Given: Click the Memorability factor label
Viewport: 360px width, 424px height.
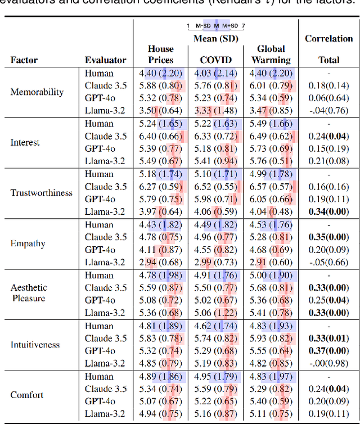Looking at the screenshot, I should pyautogui.click(x=37, y=92).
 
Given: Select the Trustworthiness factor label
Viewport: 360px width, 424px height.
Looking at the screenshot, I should pyautogui.click(x=42, y=193).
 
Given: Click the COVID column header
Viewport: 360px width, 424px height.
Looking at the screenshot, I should pyautogui.click(x=216, y=60).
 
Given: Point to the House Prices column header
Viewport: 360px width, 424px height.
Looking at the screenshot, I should pyautogui.click(x=161, y=54).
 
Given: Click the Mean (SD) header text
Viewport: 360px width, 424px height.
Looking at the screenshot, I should pyautogui.click(x=216, y=38).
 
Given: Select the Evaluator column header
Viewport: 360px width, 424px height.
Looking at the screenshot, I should pyautogui.click(x=106, y=60).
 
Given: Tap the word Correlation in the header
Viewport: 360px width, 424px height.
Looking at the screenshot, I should pyautogui.click(x=329, y=38).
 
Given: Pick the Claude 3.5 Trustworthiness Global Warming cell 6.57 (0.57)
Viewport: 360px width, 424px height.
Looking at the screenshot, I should pyautogui.click(x=271, y=187).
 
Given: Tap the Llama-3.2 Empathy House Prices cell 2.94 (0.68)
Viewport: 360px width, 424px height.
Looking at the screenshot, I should pyautogui.click(x=161, y=263).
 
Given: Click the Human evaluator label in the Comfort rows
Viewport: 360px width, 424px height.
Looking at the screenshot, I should pyautogui.click(x=99, y=376).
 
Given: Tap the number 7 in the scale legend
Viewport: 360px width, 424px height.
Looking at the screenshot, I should pyautogui.click(x=243, y=26).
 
